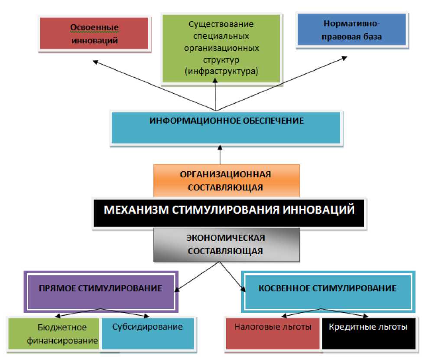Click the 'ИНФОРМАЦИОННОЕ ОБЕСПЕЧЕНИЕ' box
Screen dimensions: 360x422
click(x=227, y=128)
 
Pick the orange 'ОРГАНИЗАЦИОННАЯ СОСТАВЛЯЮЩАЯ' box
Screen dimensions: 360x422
click(x=226, y=180)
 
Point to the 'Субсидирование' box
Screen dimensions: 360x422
click(x=147, y=334)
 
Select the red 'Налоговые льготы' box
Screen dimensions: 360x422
click(x=273, y=334)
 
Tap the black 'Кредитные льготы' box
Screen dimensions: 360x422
click(x=368, y=334)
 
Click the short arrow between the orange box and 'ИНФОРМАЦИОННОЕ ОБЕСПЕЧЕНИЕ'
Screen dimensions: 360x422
click(x=220, y=155)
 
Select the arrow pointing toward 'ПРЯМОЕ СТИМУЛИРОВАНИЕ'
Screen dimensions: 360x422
click(x=195, y=276)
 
